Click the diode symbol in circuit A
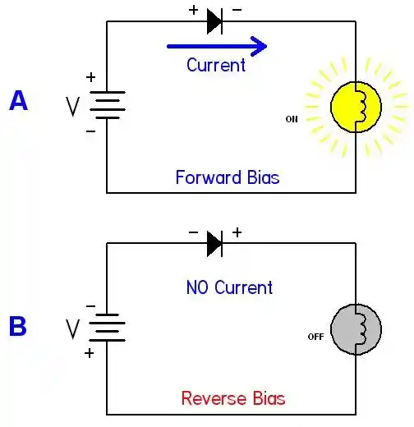214,21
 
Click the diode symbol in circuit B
214,244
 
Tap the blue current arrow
217,46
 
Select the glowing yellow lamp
356,107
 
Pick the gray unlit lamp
356,329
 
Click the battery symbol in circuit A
108,105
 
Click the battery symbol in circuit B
108,328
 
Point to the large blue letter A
18,101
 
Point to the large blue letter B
18,326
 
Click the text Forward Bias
228,177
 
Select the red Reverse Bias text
233,398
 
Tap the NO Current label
229,287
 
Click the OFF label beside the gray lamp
315,337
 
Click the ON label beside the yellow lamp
292,119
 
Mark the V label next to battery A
73,107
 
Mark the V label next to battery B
73,329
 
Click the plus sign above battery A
91,77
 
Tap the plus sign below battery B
90,353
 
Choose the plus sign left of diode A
193,10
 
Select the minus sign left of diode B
193,232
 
